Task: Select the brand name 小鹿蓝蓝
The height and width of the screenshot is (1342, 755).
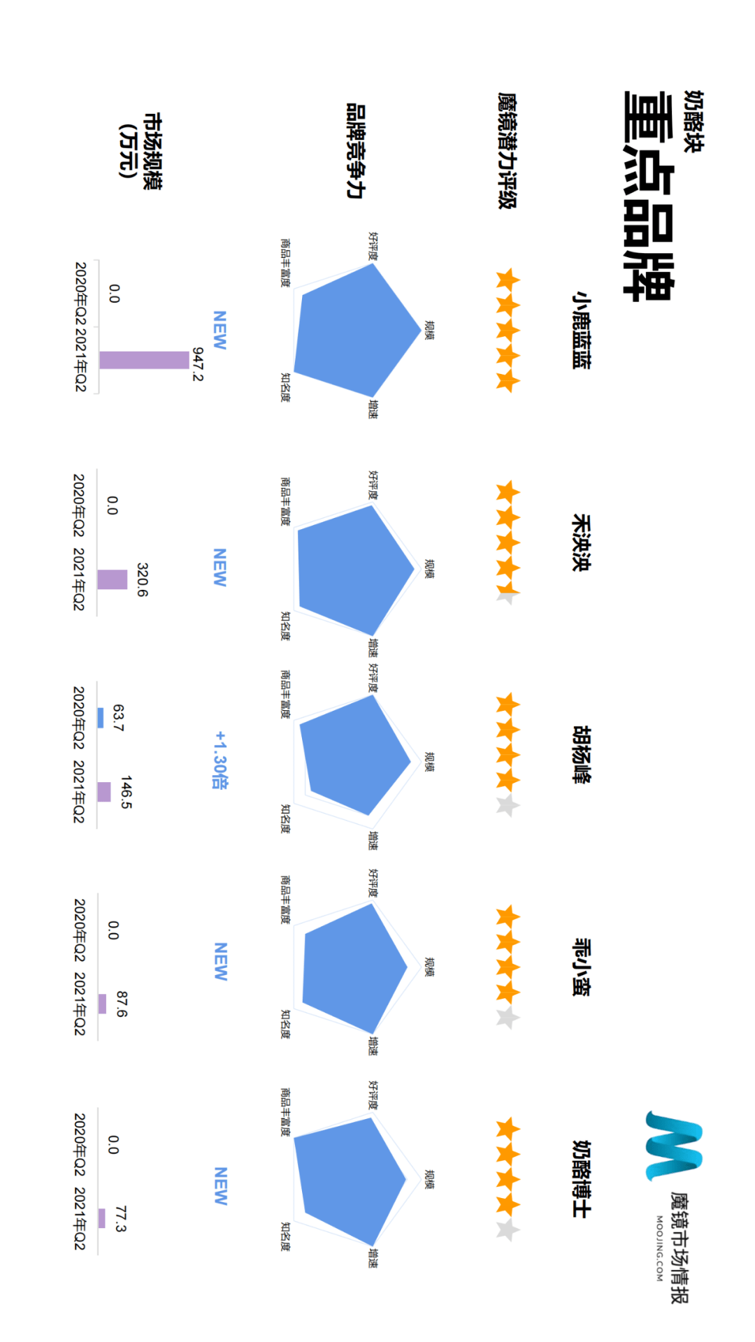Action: [581, 330]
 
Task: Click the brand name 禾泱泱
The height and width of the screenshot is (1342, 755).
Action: [581, 543]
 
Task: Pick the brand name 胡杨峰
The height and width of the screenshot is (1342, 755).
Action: [581, 755]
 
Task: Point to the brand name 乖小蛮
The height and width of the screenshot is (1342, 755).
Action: [581, 967]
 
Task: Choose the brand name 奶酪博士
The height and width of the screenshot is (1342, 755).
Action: [581, 1180]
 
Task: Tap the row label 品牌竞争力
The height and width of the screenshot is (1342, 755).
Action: [356, 150]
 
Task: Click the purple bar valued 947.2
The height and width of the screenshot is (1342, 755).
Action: [144, 360]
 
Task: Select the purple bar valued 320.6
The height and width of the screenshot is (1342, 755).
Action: [112, 579]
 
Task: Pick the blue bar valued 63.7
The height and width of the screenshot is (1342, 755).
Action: [101, 718]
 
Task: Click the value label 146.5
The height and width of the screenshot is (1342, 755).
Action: [127, 792]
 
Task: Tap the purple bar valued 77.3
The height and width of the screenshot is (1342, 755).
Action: [101, 1218]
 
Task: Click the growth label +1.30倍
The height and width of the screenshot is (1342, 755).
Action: [220, 760]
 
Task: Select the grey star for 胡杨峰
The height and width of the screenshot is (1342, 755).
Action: [508, 806]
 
